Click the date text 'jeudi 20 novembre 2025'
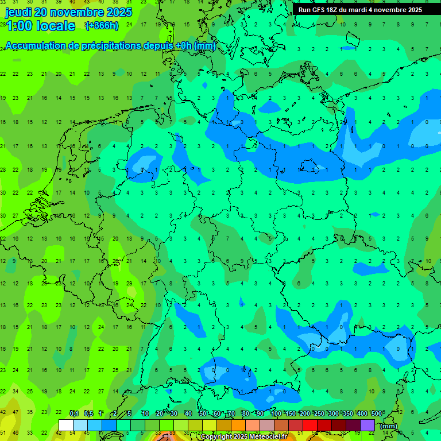(68, 12)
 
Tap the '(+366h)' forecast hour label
(102, 26)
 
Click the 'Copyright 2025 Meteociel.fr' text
(243, 437)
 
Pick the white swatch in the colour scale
(66, 425)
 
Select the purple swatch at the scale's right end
(367, 425)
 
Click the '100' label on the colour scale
(276, 413)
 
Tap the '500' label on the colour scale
(377, 413)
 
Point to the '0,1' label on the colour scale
(74, 413)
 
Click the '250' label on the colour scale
(319, 413)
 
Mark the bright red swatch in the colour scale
(310, 425)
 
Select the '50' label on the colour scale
(203, 413)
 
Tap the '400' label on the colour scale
(362, 413)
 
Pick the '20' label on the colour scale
(160, 413)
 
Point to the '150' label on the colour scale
(290, 413)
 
